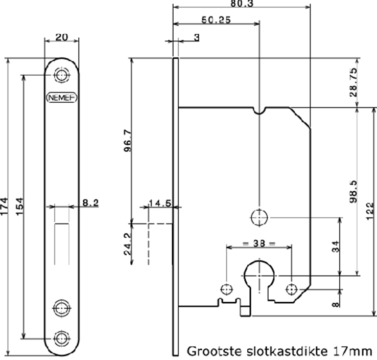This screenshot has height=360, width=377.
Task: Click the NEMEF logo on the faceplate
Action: coord(61,97)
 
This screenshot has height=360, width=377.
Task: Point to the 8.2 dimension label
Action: coord(90,203)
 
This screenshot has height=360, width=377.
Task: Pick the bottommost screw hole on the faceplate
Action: coord(62,337)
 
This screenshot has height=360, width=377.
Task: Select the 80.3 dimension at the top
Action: coord(242,3)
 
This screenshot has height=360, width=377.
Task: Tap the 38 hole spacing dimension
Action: coord(258,243)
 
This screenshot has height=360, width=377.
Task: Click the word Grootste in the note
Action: coord(210,351)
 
